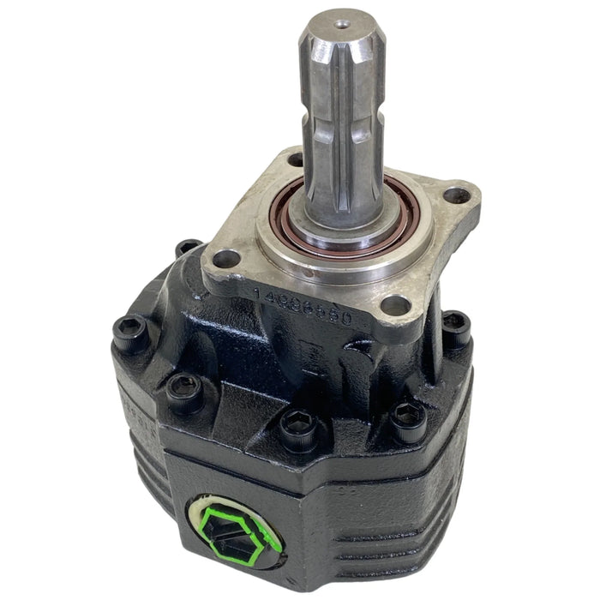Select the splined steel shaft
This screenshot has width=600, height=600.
[x=336, y=111]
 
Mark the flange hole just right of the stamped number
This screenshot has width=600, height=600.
[x=393, y=305]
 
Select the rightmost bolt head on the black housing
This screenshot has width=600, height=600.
[x=457, y=325]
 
